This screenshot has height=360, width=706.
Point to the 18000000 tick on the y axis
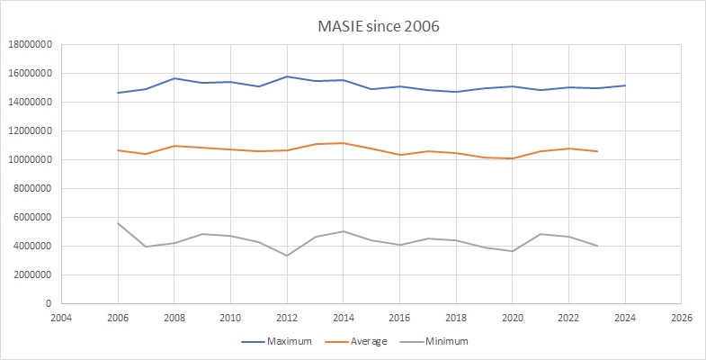31,44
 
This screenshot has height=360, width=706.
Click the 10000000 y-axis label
31,159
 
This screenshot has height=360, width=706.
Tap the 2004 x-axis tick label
61,318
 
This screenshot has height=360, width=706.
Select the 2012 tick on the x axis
287,318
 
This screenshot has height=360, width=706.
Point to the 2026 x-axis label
682,318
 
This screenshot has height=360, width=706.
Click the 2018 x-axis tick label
456,318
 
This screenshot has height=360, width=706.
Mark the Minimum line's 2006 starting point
118,223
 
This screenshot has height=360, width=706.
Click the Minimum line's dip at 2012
287,256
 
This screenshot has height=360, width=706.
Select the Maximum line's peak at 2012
287,76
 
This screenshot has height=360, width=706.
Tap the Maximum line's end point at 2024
625,85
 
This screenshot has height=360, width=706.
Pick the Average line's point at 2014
344,143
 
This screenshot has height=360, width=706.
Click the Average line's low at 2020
513,158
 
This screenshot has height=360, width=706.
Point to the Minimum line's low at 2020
513,251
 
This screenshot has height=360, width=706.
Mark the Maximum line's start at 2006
118,93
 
